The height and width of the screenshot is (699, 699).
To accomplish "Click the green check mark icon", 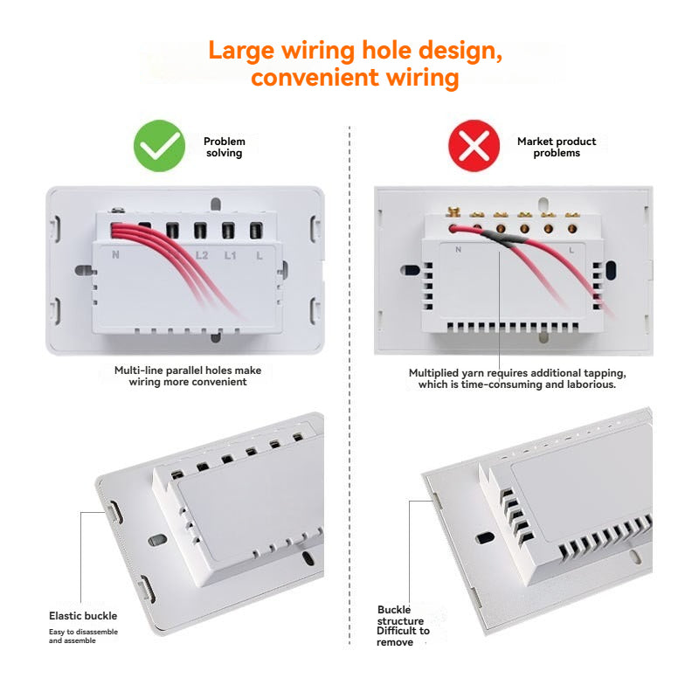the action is click(x=159, y=146).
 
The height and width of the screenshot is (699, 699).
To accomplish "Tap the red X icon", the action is click(x=474, y=146).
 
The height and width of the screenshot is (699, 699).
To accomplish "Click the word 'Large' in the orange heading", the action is click(x=241, y=51).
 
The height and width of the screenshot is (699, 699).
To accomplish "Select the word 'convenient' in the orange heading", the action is click(x=315, y=78).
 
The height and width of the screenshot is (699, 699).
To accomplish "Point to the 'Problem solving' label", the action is click(x=225, y=147).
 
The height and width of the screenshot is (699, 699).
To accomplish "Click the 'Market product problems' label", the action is click(x=557, y=147).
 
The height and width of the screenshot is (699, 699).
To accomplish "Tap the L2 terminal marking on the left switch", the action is click(x=202, y=255).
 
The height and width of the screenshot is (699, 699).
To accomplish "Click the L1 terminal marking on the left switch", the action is click(x=230, y=255).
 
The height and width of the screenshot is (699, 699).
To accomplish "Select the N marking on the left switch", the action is click(x=115, y=254).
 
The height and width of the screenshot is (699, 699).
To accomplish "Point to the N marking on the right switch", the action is click(x=458, y=249).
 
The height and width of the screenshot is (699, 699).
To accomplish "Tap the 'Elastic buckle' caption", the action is click(x=83, y=616).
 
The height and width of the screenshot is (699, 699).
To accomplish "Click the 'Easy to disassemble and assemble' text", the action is click(x=83, y=636).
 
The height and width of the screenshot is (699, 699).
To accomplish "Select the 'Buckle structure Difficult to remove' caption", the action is click(x=403, y=626).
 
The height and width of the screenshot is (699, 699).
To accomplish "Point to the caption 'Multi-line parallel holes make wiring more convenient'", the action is click(x=188, y=376).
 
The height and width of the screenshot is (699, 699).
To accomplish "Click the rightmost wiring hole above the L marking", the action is click(x=256, y=231).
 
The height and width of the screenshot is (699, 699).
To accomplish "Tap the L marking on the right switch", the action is click(x=571, y=251).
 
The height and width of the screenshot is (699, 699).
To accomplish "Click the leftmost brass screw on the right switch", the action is click(x=453, y=211).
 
